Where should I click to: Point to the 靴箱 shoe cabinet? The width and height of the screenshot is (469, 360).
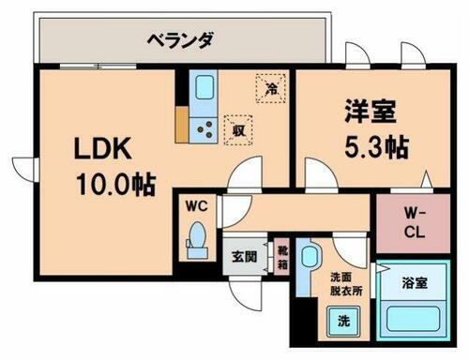click(x=282, y=256)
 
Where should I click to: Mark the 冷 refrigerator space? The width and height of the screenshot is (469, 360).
click(x=271, y=88)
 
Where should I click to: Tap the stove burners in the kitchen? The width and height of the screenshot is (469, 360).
click(x=203, y=128)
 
